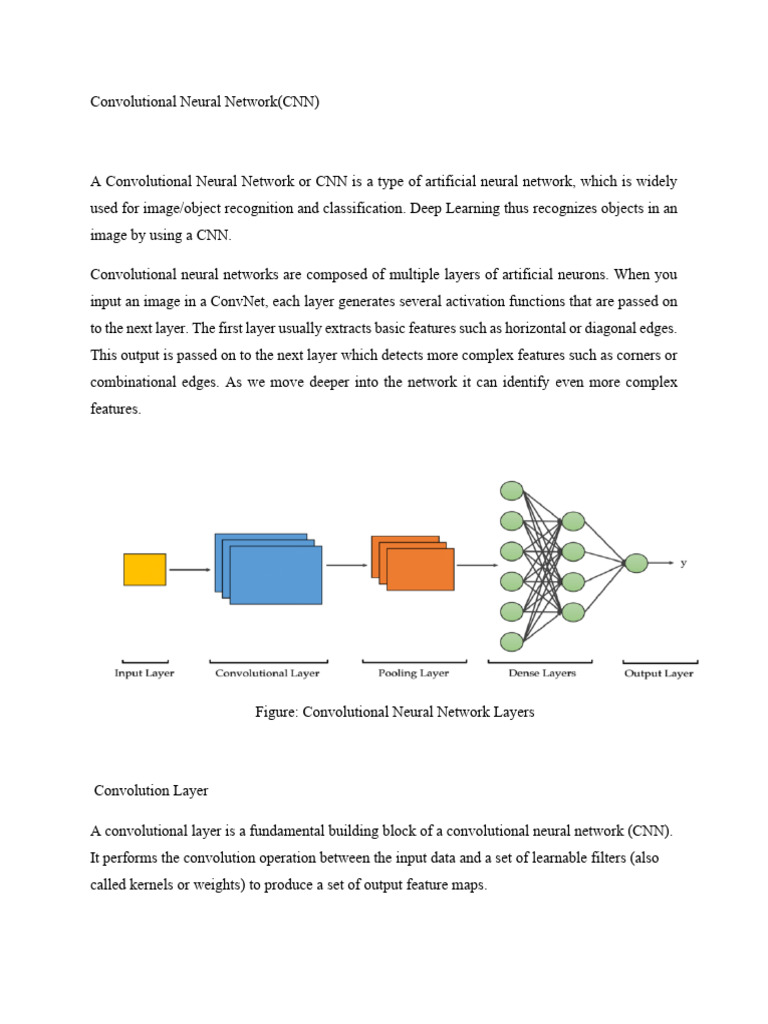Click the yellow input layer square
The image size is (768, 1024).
pyautogui.click(x=145, y=569)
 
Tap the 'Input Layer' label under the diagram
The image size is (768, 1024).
pyautogui.click(x=144, y=674)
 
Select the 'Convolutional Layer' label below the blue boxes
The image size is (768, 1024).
pyautogui.click(x=268, y=674)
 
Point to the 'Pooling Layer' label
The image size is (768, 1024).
pyautogui.click(x=413, y=674)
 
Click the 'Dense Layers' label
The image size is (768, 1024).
pyautogui.click(x=542, y=674)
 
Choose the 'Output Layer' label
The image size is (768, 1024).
pyautogui.click(x=659, y=674)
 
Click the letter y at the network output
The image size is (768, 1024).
pyautogui.click(x=684, y=563)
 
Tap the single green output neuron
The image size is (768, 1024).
pyautogui.click(x=636, y=564)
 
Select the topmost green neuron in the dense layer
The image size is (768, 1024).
pyautogui.click(x=512, y=491)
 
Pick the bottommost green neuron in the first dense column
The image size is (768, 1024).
pyautogui.click(x=512, y=641)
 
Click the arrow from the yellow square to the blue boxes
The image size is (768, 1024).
pyautogui.click(x=190, y=570)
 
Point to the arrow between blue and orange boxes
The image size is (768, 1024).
pyautogui.click(x=347, y=565)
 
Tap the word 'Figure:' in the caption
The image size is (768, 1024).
pyautogui.click(x=278, y=713)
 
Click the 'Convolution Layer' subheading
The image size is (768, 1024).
pyautogui.click(x=151, y=791)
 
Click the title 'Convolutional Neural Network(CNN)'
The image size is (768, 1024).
pyautogui.click(x=205, y=102)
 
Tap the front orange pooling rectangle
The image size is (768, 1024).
pyautogui.click(x=420, y=570)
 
